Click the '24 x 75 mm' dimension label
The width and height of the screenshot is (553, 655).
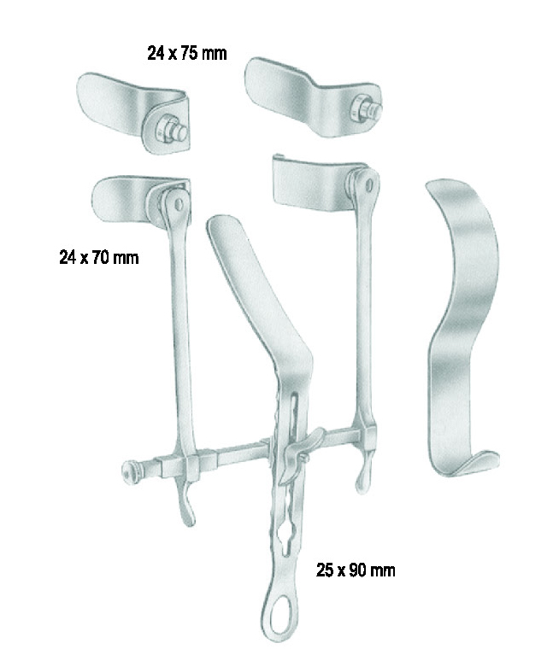coord(187,54)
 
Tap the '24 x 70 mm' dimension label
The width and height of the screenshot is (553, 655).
coord(99,257)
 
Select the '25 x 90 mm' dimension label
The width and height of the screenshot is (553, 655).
coord(356,570)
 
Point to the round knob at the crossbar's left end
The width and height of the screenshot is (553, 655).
coord(129,471)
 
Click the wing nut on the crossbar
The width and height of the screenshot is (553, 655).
coord(299,454)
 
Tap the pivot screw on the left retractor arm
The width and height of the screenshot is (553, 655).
coord(179,204)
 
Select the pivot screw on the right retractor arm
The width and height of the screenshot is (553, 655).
coord(369,184)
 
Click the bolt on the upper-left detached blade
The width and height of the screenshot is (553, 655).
coord(172,130)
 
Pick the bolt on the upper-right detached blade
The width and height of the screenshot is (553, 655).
coord(366,108)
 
